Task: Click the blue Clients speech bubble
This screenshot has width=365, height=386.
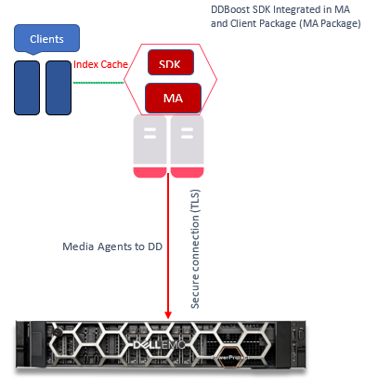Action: tap(46, 39)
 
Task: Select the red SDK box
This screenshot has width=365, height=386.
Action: tap(171, 62)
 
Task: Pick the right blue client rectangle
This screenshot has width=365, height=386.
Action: tap(59, 87)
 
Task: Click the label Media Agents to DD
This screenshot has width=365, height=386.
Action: tap(104, 248)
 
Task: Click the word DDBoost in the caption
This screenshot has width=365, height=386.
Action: tap(232, 8)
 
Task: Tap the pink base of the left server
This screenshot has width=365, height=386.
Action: tap(150, 172)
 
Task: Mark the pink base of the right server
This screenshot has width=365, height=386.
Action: tap(186, 172)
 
